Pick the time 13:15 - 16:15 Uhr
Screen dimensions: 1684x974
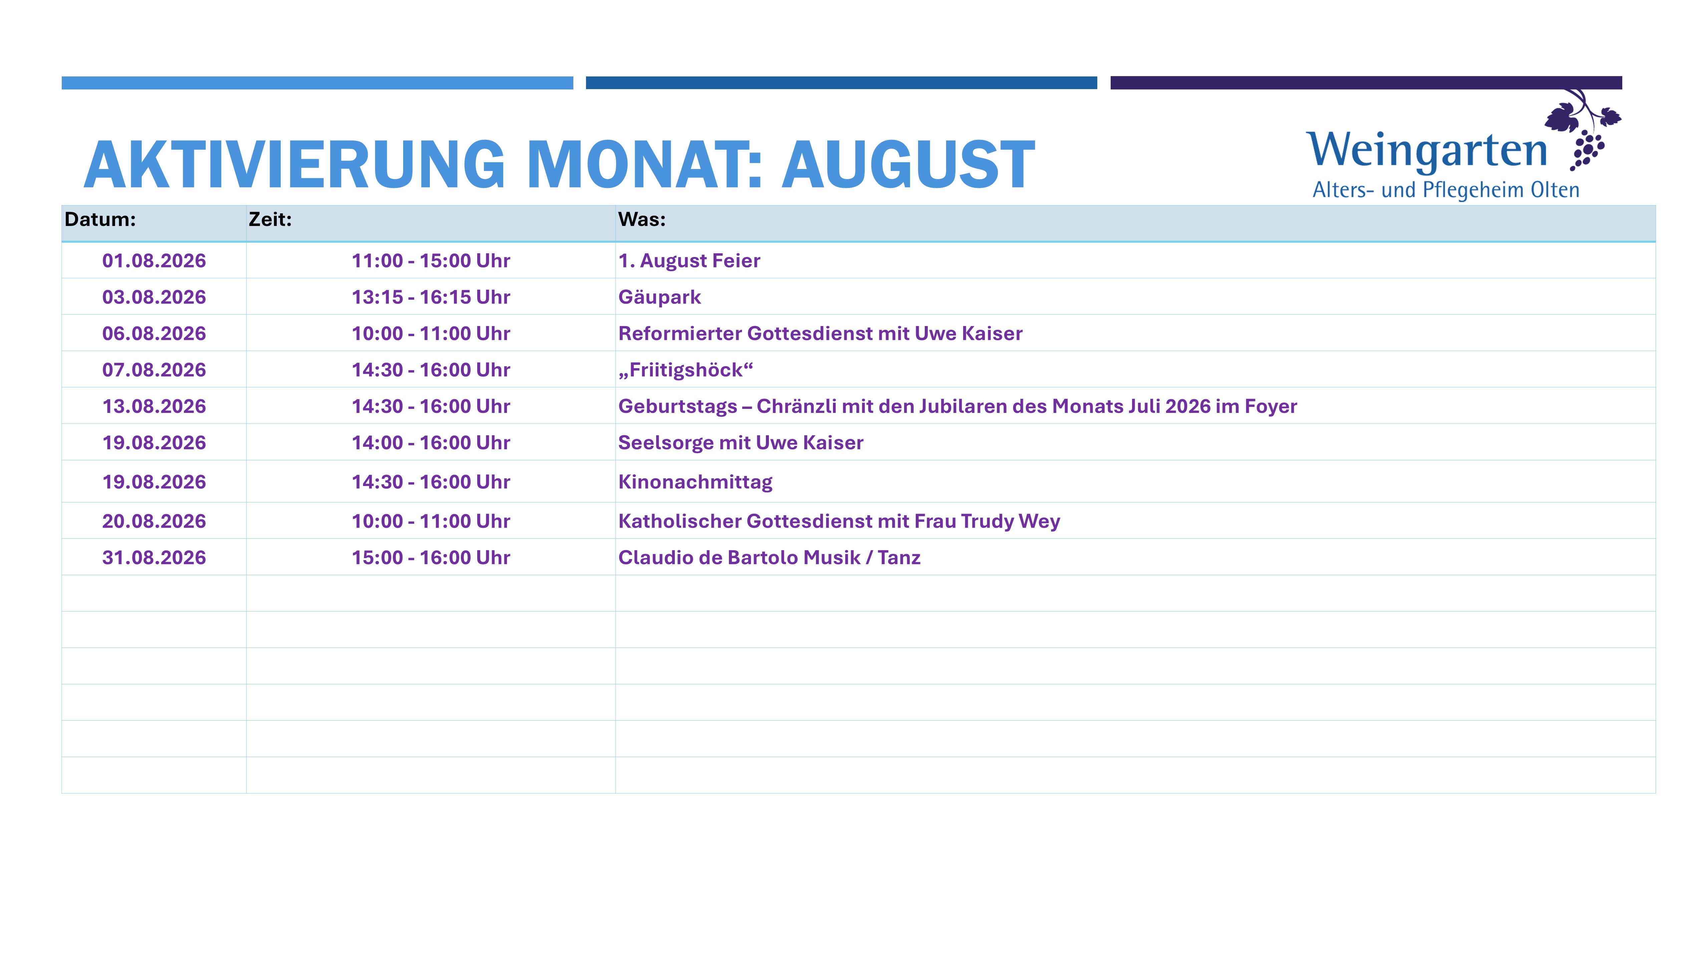tap(431, 297)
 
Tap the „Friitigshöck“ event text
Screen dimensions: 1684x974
tap(685, 370)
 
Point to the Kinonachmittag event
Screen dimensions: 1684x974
tap(695, 482)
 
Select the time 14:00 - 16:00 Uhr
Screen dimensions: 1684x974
tap(431, 443)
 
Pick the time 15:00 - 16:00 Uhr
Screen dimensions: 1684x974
tap(431, 557)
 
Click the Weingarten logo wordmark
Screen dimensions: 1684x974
tap(1427, 151)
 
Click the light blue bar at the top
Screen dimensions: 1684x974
tap(317, 83)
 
